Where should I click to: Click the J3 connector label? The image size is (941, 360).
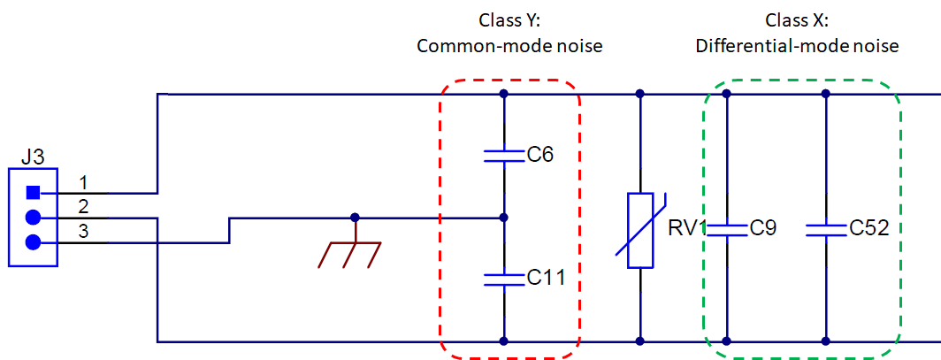click(x=33, y=157)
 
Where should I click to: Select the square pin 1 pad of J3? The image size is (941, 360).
click(x=34, y=192)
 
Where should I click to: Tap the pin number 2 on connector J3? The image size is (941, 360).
click(x=83, y=207)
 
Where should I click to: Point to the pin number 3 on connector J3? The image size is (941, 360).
click(x=83, y=231)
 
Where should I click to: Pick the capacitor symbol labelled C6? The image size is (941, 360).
click(x=503, y=156)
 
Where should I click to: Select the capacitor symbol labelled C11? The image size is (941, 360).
click(x=503, y=280)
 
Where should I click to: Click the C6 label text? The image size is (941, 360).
click(x=540, y=156)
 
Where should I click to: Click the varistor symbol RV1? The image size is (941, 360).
click(x=639, y=229)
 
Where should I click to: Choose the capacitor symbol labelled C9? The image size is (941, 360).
click(x=726, y=229)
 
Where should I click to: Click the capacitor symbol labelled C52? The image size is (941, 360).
click(x=825, y=229)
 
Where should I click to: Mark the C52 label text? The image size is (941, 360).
click(x=868, y=228)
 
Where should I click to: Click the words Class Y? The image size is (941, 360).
click(x=509, y=20)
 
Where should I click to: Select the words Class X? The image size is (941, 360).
click(x=797, y=20)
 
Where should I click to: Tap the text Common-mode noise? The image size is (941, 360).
click(x=509, y=45)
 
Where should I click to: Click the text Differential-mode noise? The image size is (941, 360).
click(x=797, y=45)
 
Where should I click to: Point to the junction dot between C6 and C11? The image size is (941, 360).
click(x=503, y=217)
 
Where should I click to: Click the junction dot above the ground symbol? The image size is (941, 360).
click(x=355, y=217)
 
